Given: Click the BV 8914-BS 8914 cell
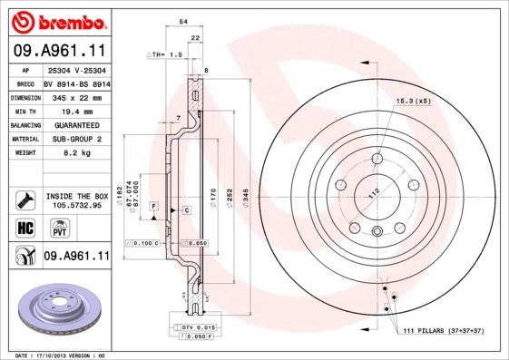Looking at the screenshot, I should (x=76, y=83).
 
